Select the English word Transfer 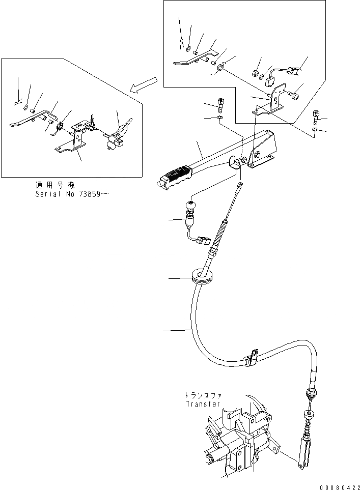pyautogui.click(x=203, y=405)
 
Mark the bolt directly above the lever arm pyautogui.click(x=219, y=105)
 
